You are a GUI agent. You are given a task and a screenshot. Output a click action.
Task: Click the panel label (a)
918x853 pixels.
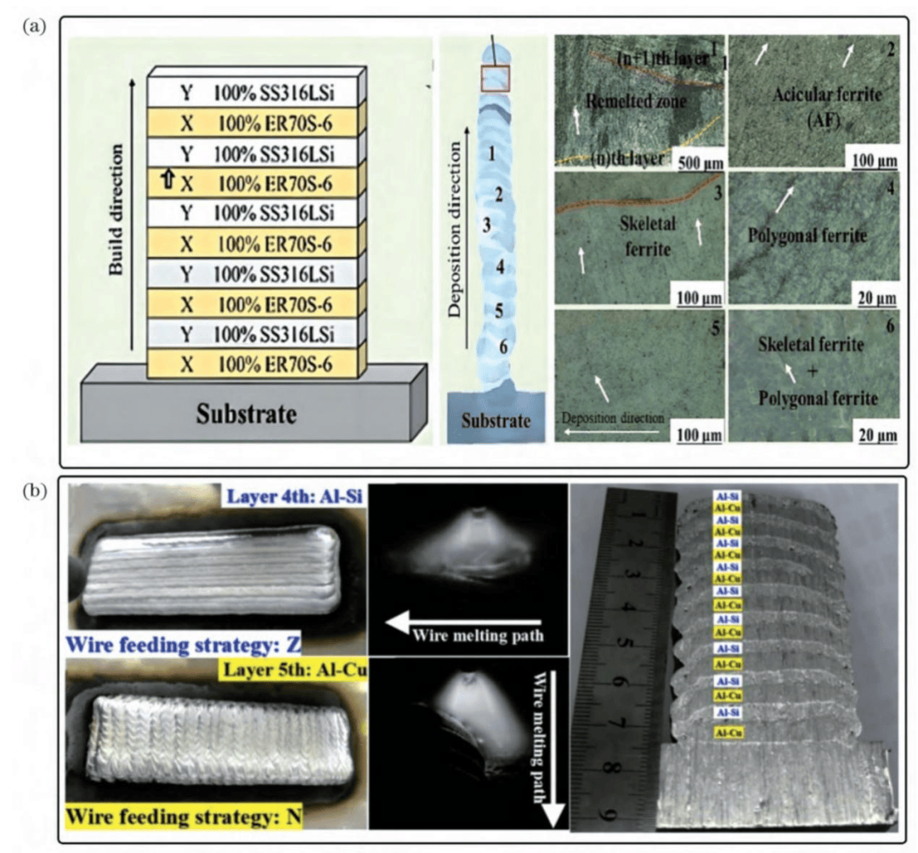[35, 26]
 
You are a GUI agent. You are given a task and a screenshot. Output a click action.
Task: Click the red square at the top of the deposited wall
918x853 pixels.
[495, 78]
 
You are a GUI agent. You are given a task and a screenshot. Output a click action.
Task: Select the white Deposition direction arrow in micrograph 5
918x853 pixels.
[610, 431]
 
